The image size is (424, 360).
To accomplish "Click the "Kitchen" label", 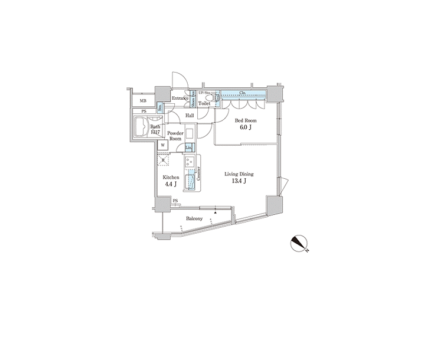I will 171,177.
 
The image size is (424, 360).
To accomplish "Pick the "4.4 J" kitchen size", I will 171,185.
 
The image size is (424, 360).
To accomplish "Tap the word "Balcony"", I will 194,219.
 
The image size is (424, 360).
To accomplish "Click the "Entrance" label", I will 180,98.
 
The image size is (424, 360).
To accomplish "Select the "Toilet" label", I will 204,104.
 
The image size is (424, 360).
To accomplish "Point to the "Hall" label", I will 190,116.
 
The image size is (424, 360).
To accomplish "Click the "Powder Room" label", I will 175,136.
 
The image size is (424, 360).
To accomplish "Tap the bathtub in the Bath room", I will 141,127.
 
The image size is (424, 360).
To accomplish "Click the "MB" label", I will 143,101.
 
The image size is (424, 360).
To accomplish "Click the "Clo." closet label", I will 243,93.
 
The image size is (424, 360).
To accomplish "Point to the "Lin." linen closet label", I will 188,147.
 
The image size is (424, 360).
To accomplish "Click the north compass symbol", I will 301,243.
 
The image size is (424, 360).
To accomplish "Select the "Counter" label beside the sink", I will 198,174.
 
